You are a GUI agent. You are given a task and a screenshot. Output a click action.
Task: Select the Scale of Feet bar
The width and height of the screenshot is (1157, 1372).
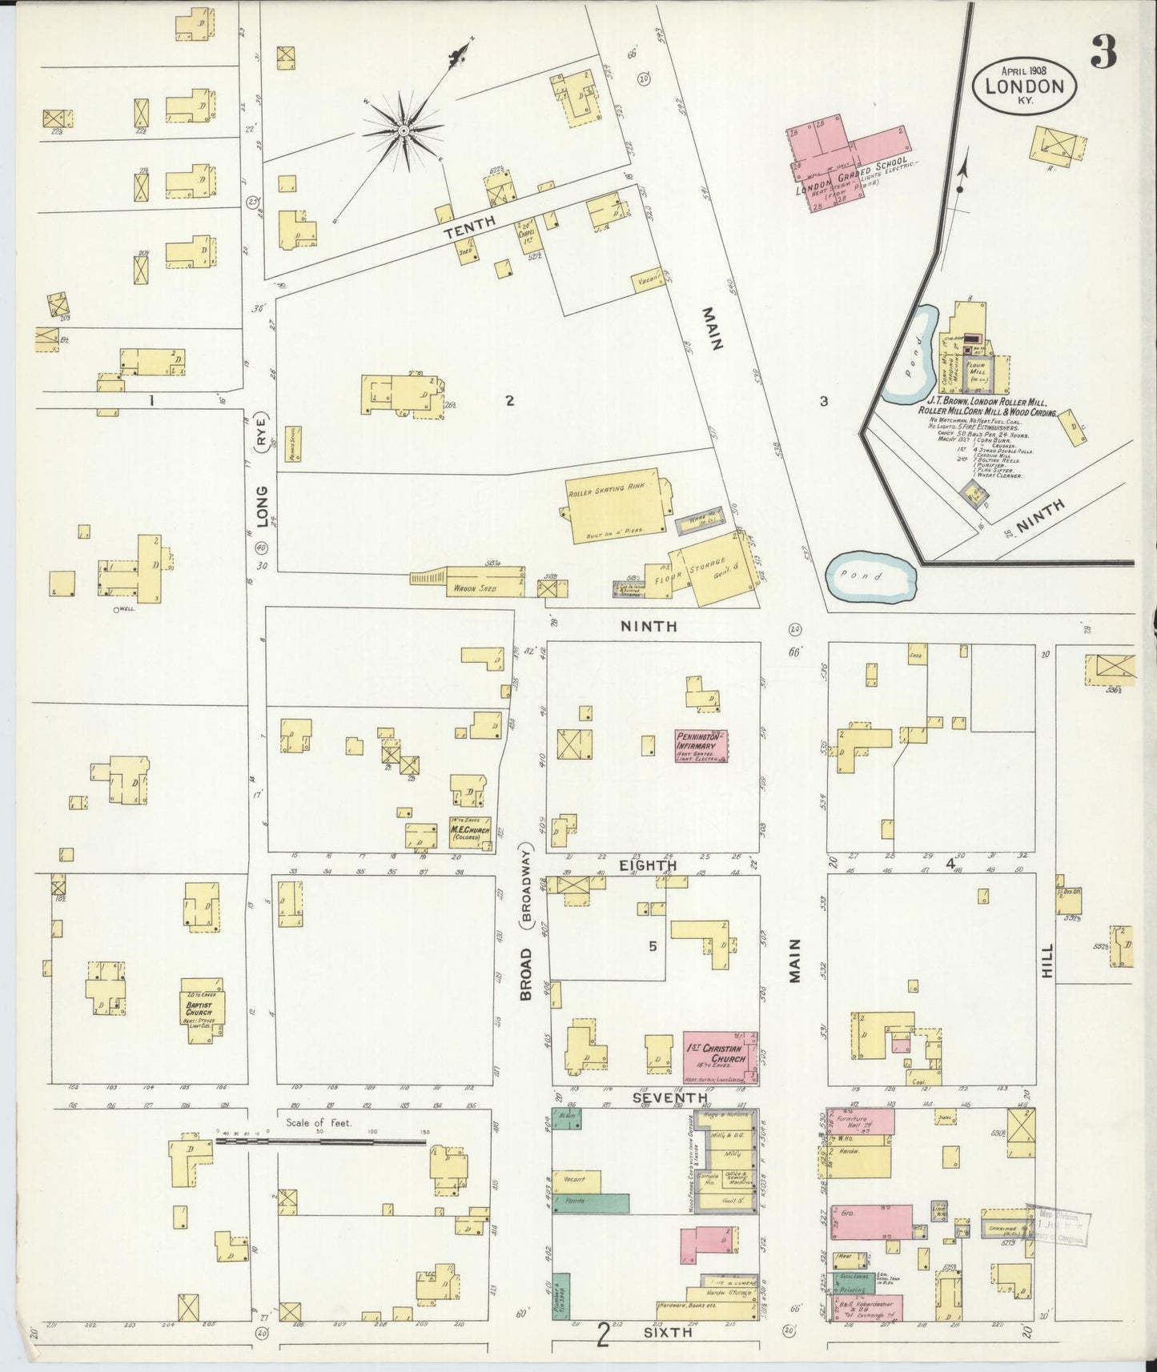pyautogui.click(x=320, y=1142)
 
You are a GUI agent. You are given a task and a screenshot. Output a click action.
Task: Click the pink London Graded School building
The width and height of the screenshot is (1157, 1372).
pyautogui.click(x=849, y=156)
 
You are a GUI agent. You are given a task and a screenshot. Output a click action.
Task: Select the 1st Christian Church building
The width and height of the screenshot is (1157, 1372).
pyautogui.click(x=720, y=1053)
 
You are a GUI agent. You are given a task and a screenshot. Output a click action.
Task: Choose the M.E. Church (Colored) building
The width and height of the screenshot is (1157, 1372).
pyautogui.click(x=469, y=833)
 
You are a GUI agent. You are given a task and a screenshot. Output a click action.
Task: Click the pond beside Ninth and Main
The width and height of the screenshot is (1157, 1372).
pyautogui.click(x=871, y=576)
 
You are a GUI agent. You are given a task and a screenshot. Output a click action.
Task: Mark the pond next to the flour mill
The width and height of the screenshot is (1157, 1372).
pyautogui.click(x=913, y=352)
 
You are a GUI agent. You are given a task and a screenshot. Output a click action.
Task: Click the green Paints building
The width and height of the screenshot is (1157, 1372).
pyautogui.click(x=591, y=1202)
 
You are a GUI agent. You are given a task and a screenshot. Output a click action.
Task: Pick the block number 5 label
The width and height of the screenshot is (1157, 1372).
pyautogui.click(x=653, y=946)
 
